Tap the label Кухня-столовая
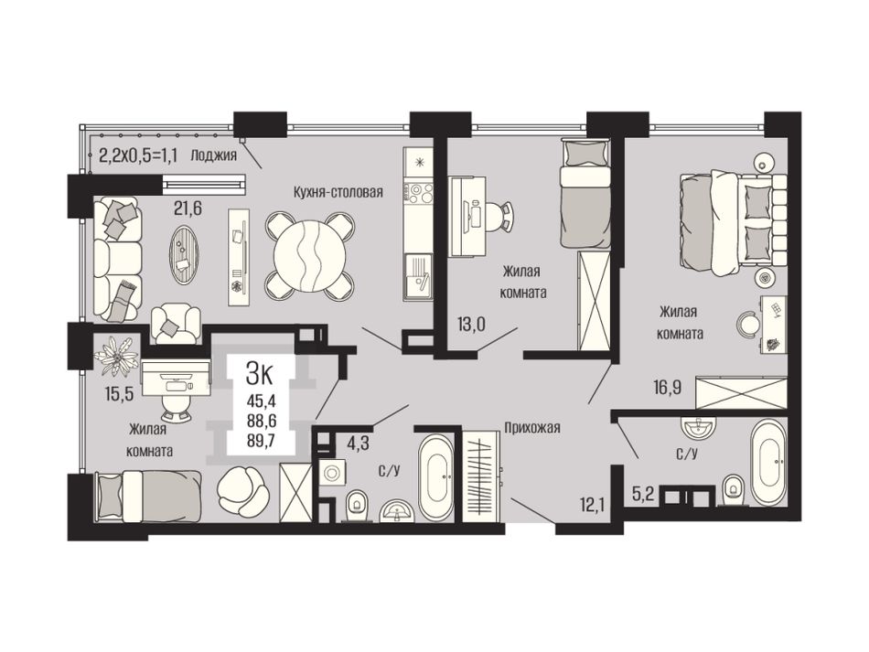coord(338,192)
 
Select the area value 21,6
coord(188,208)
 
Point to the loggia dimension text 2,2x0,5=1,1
coord(138,155)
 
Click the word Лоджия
coord(213,155)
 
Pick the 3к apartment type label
coord(260,375)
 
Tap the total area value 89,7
coord(262,441)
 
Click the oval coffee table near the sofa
coord(184,256)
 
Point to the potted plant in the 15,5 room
coord(117,357)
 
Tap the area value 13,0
coord(471,324)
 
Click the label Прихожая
coord(532,427)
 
